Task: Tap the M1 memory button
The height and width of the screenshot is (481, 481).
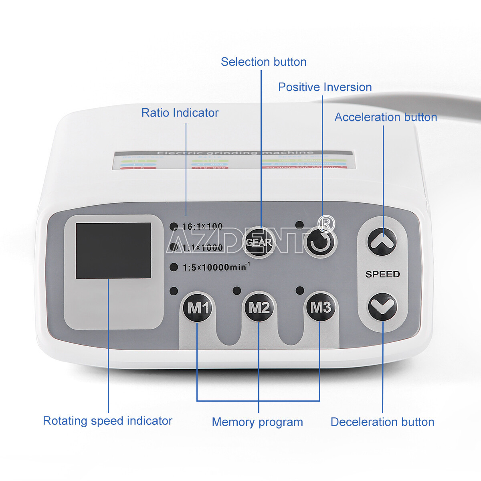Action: (198, 308)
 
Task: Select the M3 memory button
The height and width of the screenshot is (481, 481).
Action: (320, 307)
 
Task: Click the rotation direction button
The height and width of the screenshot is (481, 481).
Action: (321, 243)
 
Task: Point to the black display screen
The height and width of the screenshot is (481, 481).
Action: (113, 251)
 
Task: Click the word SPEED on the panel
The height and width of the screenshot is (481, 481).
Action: (382, 274)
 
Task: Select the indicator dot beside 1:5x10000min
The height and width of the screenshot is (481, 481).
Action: (174, 267)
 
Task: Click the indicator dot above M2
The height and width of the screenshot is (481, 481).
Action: (236, 291)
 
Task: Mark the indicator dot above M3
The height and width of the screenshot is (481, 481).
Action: (299, 290)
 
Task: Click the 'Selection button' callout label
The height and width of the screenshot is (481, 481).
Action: (263, 62)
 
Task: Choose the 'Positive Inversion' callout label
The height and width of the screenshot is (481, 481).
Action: (325, 87)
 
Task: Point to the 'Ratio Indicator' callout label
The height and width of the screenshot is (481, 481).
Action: (180, 113)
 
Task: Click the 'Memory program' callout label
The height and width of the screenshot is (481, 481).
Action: (257, 422)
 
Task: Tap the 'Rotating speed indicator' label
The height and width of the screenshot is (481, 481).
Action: (107, 421)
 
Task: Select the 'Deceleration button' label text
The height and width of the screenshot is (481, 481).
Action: (382, 422)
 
